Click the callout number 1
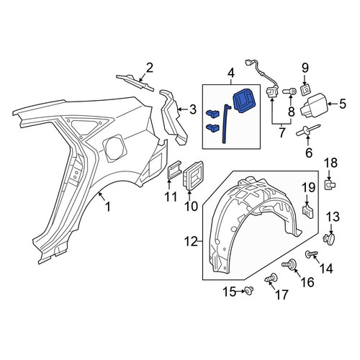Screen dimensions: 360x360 point(108,207)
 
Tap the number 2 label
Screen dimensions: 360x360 point(149,68)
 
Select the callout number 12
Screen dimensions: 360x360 point(192,241)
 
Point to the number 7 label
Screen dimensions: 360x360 point(282,132)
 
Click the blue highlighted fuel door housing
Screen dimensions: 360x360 point(244,100)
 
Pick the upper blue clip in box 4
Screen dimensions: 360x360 point(212,113)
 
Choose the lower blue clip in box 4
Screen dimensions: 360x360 point(212,127)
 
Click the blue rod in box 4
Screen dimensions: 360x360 point(225,125)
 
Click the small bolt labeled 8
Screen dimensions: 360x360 point(289,91)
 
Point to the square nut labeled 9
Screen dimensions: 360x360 point(305,90)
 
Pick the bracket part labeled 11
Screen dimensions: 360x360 point(174,170)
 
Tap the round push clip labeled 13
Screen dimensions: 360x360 point(329,239)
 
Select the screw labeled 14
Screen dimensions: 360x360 point(311,254)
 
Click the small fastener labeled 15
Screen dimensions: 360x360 point(249,291)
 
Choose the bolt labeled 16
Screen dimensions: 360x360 point(290,265)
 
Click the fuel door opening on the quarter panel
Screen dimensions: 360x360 point(114,148)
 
